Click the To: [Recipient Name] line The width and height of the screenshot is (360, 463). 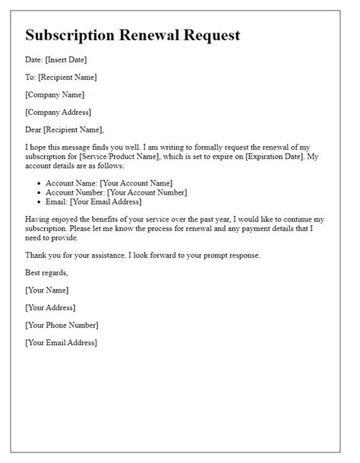[61, 77]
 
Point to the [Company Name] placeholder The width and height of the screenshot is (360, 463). [55, 94]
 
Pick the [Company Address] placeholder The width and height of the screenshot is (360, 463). [58, 112]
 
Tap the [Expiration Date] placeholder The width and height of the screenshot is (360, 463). [283, 156]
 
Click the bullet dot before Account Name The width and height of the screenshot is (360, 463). [39, 183]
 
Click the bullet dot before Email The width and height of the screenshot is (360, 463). [39, 202]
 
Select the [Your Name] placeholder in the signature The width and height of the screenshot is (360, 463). [46, 290]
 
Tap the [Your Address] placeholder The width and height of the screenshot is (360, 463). [50, 307]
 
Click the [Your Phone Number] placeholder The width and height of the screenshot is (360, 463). [62, 325]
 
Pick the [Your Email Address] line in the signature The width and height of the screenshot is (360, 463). [61, 342]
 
